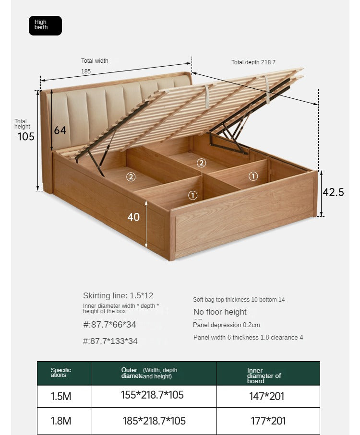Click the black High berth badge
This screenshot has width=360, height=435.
pyautogui.click(x=45, y=25)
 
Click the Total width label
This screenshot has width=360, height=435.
pyautogui.click(x=95, y=61)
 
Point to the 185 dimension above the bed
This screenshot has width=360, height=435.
pyautogui.click(x=86, y=71)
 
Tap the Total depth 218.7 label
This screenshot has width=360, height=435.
pyautogui.click(x=253, y=62)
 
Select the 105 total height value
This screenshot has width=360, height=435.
pyautogui.click(x=26, y=137)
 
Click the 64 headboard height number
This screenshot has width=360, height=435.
pyautogui.click(x=60, y=130)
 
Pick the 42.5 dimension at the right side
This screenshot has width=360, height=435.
pyautogui.click(x=333, y=192)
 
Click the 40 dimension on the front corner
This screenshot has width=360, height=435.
pyautogui.click(x=133, y=217)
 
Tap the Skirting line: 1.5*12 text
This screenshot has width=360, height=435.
pyautogui.click(x=118, y=295)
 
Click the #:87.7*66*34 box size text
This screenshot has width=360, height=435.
pyautogui.click(x=110, y=325)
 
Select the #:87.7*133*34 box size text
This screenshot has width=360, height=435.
pyautogui.click(x=110, y=341)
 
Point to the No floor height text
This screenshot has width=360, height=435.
pyautogui.click(x=220, y=312)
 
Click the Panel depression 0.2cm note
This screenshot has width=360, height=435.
pyautogui.click(x=227, y=325)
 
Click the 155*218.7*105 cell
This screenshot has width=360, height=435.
pyautogui.click(x=152, y=395)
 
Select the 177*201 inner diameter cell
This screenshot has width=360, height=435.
pyautogui.click(x=268, y=421)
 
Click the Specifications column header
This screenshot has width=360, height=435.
pyautogui.click(x=61, y=373)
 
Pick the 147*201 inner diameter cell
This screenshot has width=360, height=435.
pyautogui.click(x=266, y=396)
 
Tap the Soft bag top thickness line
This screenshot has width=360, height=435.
pyautogui.click(x=239, y=300)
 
